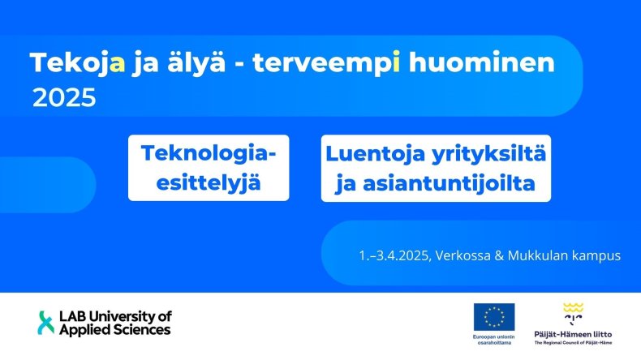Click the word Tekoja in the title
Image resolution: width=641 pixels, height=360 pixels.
77,63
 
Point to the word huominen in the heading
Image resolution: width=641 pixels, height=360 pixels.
482,62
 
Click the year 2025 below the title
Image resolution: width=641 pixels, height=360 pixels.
64,98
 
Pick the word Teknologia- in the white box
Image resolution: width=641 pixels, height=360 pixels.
209,153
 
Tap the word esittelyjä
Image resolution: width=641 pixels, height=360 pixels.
208,182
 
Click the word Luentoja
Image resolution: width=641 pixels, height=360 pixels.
375,155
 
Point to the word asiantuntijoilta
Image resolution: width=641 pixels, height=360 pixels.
449,183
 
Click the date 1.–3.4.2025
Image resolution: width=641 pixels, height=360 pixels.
394,255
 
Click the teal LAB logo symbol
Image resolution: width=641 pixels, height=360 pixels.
45,323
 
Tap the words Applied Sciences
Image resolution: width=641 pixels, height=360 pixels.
115,330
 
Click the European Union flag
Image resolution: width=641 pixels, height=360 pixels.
494,317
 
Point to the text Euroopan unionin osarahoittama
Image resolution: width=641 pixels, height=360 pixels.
494,340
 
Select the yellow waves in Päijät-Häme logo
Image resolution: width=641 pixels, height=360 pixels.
573,307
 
